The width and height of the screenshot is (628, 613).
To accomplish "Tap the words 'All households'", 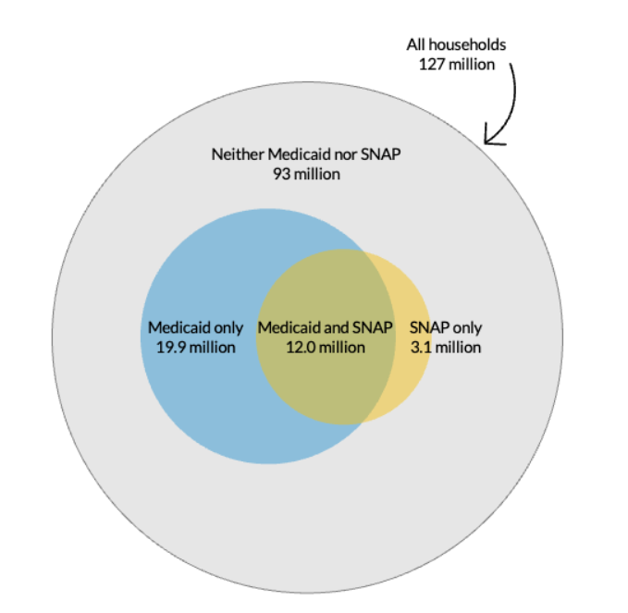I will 456,44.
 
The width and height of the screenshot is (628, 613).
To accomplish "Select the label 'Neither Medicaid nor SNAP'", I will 306,154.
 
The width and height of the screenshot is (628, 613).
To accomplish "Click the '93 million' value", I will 306,174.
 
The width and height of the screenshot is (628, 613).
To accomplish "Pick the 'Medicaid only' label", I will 196,327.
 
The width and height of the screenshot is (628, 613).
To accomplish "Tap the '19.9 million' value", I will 196,348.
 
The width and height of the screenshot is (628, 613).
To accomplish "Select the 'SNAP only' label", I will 446,327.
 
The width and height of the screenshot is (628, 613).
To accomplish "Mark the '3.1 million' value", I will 446,348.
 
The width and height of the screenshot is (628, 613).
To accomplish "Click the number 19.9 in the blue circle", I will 170,348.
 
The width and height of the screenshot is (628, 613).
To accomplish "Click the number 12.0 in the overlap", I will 298,348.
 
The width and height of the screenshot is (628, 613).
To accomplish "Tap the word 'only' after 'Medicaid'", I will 228,327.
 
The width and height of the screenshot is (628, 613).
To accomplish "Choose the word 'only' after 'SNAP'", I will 467,327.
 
